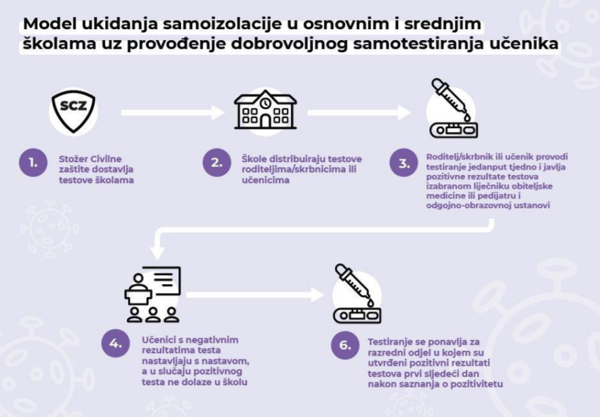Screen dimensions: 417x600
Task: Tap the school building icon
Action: [x=265, y=109]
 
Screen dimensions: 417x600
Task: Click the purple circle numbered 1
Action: [x=32, y=163]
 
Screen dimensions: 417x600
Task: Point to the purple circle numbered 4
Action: [x=115, y=343]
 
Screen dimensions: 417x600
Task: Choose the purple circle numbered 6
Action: [x=345, y=344]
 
